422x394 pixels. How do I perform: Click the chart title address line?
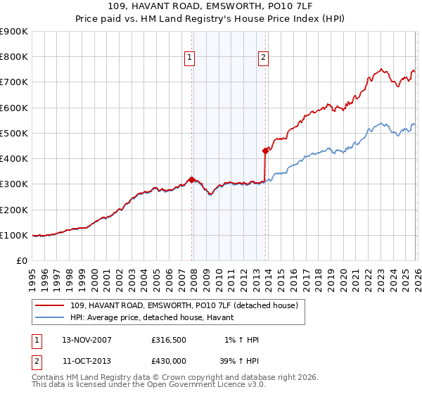point(211,6)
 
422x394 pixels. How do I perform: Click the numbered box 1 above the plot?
point(191,58)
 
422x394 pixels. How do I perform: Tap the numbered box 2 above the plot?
point(263,58)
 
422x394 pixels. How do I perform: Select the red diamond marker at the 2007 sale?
point(191,179)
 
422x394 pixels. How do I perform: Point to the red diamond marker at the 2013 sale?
point(265,151)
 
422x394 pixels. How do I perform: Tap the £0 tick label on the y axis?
point(20,260)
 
